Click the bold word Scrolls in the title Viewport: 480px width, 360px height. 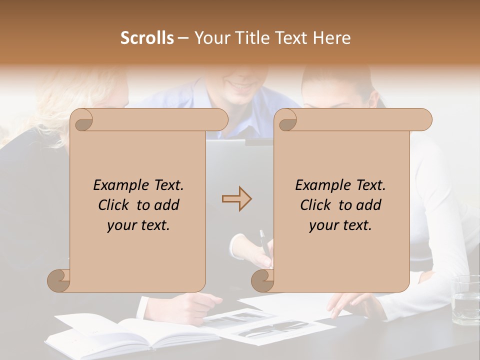(x=147, y=38)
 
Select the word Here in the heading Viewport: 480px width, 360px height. (x=331, y=38)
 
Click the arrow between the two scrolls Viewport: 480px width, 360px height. (x=236, y=199)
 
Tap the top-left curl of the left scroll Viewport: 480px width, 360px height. (x=83, y=120)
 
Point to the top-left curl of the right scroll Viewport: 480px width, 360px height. (x=287, y=120)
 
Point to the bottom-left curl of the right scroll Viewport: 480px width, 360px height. (x=262, y=280)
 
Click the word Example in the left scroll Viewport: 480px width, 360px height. (x=118, y=185)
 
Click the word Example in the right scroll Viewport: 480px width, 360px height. (x=320, y=185)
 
